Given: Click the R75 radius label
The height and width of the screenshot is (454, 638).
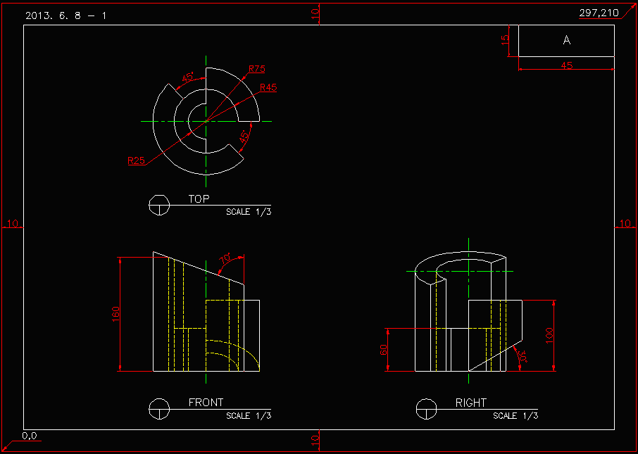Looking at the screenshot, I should (256, 69).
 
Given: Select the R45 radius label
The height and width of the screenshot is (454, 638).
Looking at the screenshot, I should (268, 88).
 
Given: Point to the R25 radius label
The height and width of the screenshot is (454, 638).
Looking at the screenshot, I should (136, 160).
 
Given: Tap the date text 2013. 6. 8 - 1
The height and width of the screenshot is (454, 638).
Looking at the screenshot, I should (65, 15).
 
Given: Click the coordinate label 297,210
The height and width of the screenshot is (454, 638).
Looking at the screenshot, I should (599, 13).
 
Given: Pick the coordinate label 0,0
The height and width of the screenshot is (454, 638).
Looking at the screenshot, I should (29, 436).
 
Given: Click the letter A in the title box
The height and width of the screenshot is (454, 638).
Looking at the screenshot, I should (566, 41).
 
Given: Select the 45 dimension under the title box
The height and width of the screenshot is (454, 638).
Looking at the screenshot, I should (566, 65).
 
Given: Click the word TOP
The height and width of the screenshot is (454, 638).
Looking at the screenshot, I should (199, 199).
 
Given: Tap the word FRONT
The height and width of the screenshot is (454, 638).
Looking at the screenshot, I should (206, 403).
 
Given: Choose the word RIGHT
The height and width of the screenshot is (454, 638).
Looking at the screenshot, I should (470, 403).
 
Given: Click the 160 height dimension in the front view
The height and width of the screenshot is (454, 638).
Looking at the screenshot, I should (116, 314).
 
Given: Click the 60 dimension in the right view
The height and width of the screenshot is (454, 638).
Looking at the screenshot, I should (384, 350).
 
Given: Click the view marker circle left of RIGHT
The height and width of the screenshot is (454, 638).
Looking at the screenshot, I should (426, 408).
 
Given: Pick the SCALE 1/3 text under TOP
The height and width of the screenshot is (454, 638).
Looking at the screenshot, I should (248, 212).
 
